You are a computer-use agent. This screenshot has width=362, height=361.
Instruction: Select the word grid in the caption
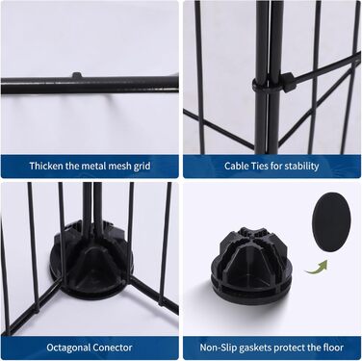(x=142, y=167)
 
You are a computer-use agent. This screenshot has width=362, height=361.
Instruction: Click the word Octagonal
(x=68, y=348)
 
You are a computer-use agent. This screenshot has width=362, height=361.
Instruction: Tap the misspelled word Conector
(x=113, y=348)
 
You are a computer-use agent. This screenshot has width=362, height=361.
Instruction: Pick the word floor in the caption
(x=332, y=348)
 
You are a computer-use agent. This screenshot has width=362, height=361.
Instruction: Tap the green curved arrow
(x=316, y=269)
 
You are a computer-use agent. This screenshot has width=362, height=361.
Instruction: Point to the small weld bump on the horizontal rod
(x=77, y=75)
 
